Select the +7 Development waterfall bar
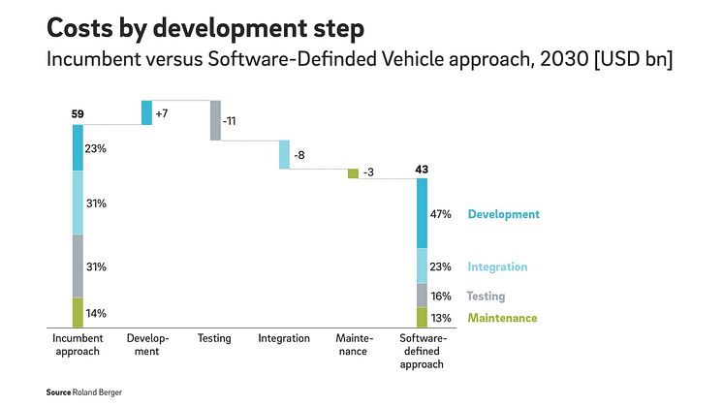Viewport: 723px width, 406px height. point(146,112)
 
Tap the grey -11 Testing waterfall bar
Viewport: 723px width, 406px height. point(215,120)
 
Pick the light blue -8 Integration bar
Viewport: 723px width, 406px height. point(285,154)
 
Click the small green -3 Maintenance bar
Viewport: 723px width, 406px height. point(353,173)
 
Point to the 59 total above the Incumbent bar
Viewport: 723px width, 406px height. point(78,114)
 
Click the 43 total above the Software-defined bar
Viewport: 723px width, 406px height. point(422,170)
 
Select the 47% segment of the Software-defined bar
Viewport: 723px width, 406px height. point(422,213)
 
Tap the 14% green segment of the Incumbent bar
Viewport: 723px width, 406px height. point(78,312)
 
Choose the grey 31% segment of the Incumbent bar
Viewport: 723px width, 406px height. point(78,265)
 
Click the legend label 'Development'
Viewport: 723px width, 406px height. point(503,214)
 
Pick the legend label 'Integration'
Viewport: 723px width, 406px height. point(497,266)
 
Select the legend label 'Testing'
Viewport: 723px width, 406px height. point(486,297)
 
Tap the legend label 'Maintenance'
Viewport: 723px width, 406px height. point(502,318)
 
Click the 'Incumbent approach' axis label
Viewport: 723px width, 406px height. point(77,345)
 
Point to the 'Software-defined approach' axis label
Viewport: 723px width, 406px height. point(422,351)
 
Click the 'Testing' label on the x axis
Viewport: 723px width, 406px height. point(214,338)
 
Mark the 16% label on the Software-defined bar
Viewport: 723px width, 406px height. point(441,297)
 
